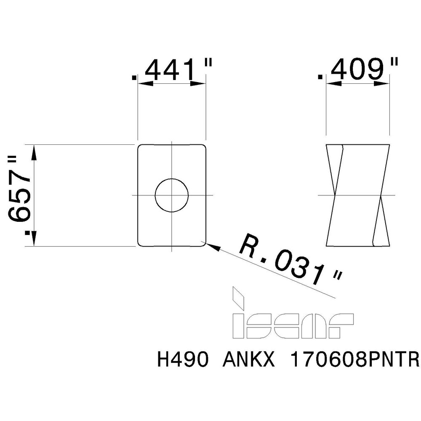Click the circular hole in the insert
[x=171, y=195]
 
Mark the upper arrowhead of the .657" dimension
[x=34, y=152]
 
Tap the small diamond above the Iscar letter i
[x=237, y=296]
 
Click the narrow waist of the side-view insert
[x=358, y=195]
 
